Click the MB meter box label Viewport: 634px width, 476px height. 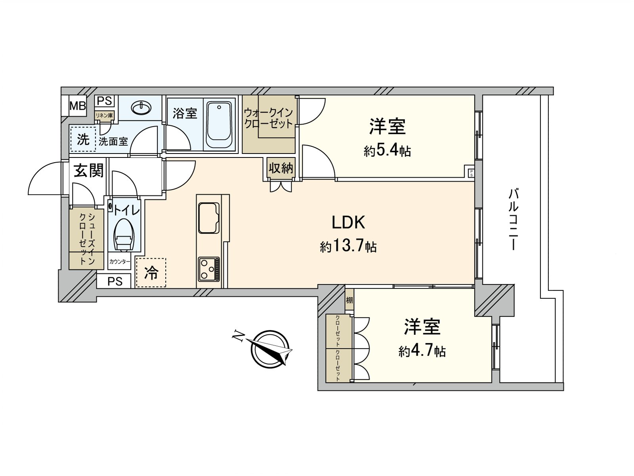click(78, 106)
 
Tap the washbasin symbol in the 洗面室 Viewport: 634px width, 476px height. click(141, 107)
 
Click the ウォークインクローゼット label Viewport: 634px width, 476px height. click(268, 118)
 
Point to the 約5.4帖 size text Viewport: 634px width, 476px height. click(387, 151)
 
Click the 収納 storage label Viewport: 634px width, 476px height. click(281, 169)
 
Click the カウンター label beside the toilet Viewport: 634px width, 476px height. click(120, 262)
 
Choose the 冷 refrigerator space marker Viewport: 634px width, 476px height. click(151, 273)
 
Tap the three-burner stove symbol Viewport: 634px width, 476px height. click(209, 269)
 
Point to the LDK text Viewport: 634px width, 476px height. click(348, 223)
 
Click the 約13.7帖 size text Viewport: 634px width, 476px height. click(348, 247)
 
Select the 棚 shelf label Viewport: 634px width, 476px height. click(349, 300)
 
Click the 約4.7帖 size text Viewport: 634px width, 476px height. click(422, 351)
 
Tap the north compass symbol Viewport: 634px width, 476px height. click(269, 348)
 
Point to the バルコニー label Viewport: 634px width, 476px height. click(514, 219)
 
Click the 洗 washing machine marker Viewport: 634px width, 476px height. click(83, 139)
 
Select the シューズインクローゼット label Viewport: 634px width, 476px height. click(87, 238)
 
